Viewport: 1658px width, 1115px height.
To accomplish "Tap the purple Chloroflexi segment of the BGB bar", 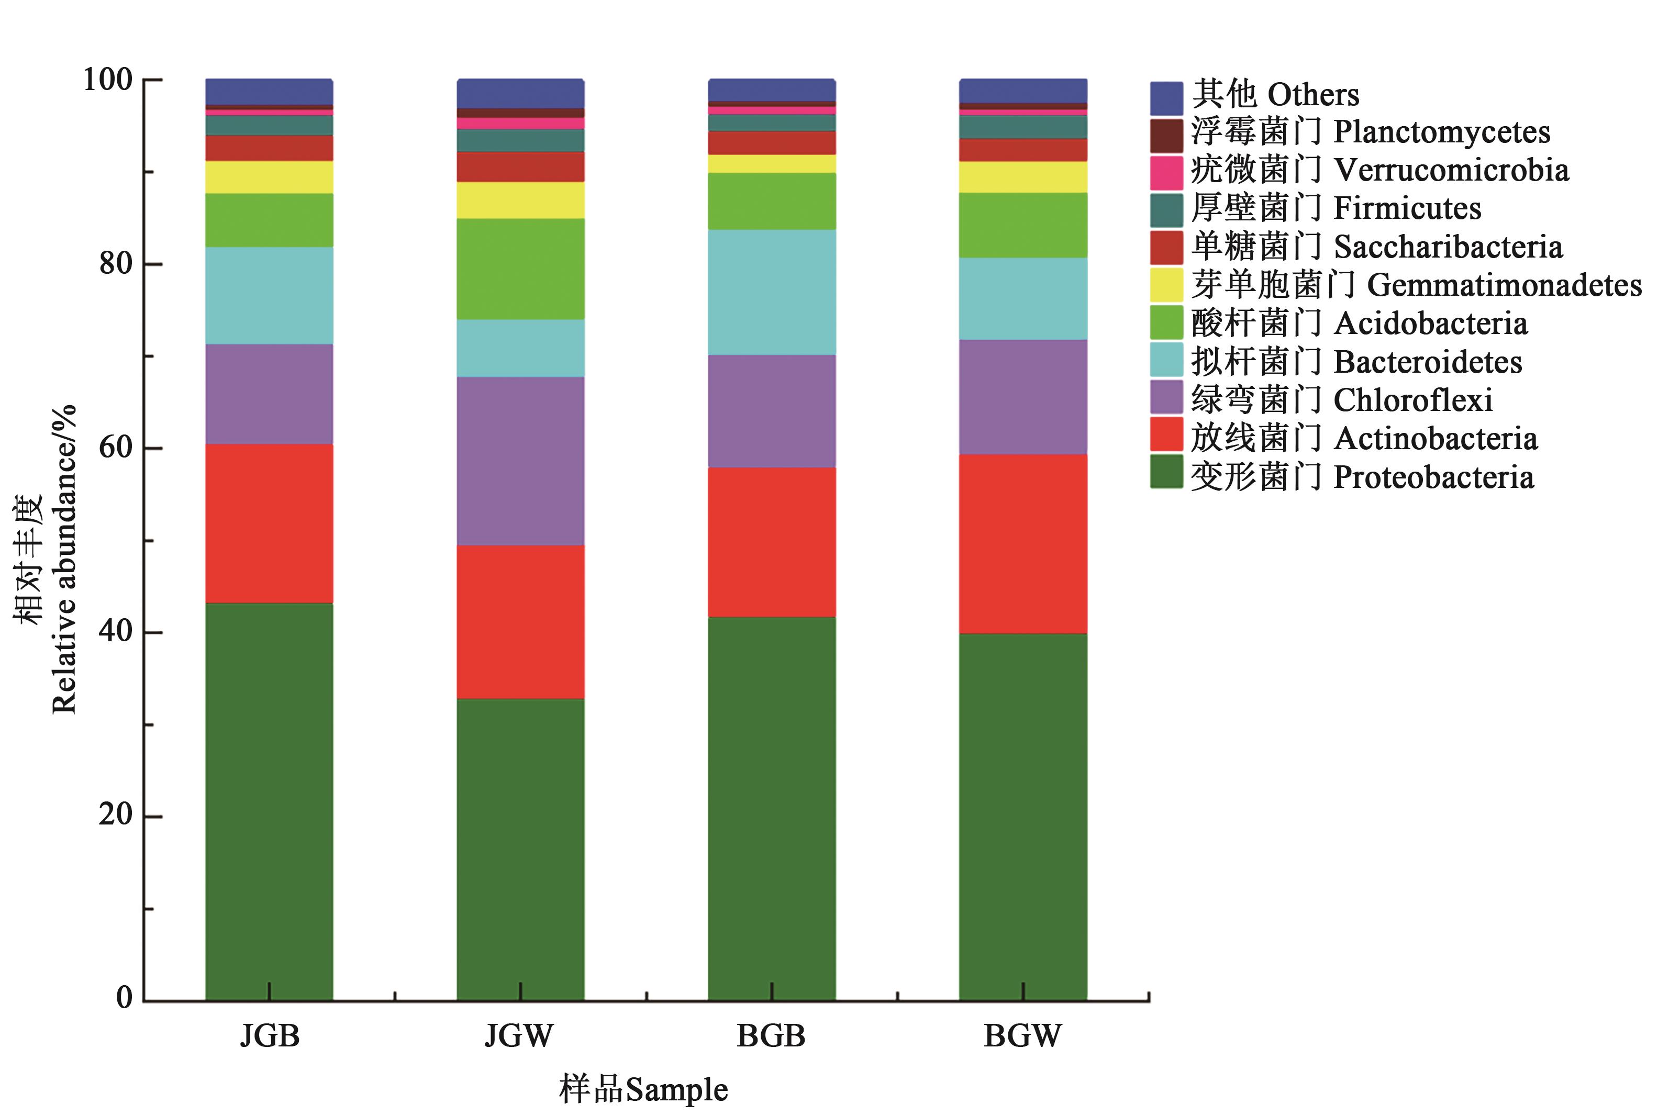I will pyautogui.click(x=771, y=410).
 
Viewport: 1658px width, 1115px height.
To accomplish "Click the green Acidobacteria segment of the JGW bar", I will pyautogui.click(x=520, y=268).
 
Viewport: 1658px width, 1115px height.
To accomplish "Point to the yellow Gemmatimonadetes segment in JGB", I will pyautogui.click(x=269, y=176).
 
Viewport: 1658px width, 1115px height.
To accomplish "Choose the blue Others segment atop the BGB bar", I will pyautogui.click(x=771, y=90).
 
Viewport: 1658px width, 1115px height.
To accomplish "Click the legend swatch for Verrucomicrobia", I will pyautogui.click(x=1166, y=172).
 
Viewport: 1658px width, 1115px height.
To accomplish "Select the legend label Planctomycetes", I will pyautogui.click(x=1441, y=132).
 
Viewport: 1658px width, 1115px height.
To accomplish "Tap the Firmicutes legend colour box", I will pyautogui.click(x=1166, y=210).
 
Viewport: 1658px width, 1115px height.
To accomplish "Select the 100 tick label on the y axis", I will pyautogui.click(x=107, y=79).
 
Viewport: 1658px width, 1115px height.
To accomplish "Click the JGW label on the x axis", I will pyautogui.click(x=519, y=1035).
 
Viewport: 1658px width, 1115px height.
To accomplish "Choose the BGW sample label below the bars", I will pyautogui.click(x=1022, y=1035).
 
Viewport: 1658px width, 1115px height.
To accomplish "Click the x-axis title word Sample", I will pyautogui.click(x=676, y=1089).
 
